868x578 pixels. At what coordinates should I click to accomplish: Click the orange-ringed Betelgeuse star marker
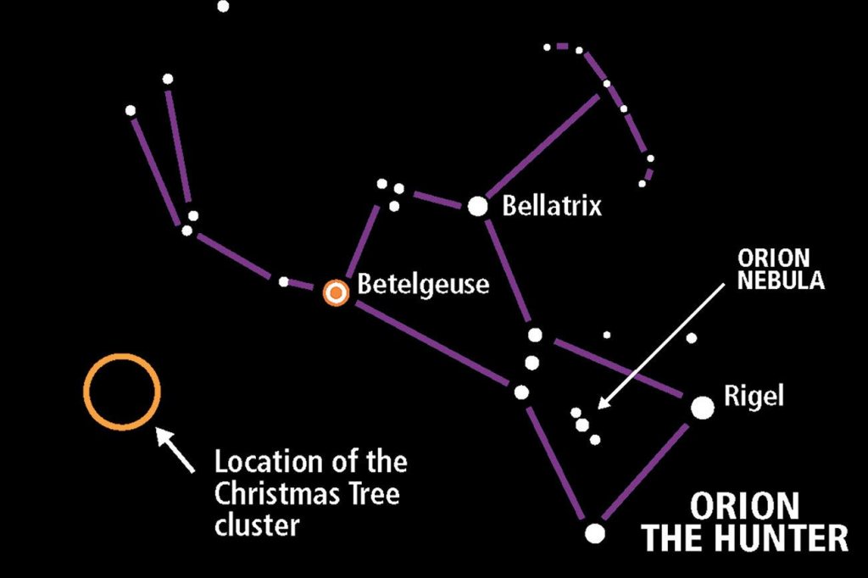click(337, 293)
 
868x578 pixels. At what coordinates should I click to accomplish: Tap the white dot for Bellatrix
click(478, 206)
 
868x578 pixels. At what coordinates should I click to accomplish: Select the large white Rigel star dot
click(702, 408)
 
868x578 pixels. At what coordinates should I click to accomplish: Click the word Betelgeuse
click(423, 284)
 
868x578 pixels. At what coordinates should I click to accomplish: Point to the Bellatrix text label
click(552, 205)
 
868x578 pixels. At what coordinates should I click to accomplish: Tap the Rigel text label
click(754, 396)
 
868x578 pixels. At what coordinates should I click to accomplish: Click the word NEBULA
click(780, 281)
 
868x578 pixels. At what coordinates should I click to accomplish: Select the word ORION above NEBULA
click(774, 258)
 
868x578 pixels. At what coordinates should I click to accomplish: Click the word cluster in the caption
click(257, 525)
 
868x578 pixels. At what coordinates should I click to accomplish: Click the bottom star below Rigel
click(596, 533)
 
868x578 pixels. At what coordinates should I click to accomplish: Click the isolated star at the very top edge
click(223, 7)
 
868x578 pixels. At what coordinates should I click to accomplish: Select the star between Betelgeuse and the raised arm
click(284, 281)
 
